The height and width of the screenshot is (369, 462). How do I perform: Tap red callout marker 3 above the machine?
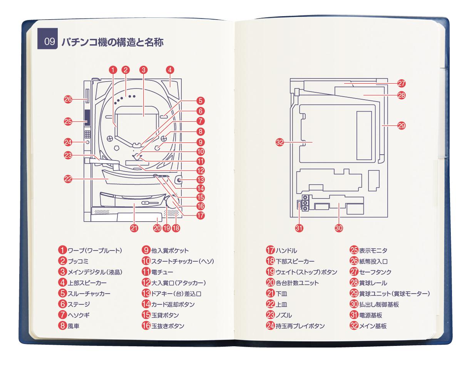coord(143,70)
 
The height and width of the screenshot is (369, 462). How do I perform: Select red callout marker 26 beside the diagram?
coord(68,100)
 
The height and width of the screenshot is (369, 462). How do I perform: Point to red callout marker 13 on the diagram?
coord(199,180)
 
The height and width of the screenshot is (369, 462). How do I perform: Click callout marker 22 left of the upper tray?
coord(68,179)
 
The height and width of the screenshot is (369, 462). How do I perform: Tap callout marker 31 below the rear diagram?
coord(299,227)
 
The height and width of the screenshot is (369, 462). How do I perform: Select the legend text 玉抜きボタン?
coord(167,326)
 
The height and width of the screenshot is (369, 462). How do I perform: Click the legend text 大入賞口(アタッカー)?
coord(178,283)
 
